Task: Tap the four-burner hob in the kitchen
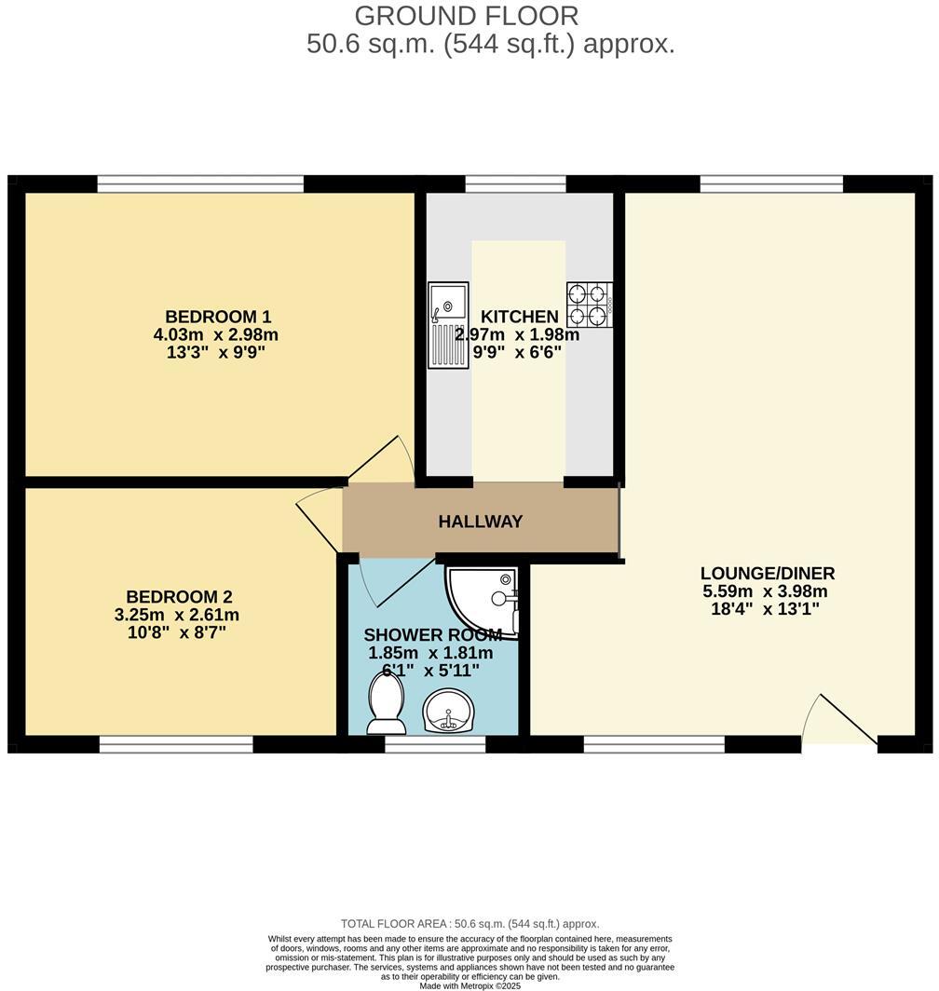589,305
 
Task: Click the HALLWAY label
481,522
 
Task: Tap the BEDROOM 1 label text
218,316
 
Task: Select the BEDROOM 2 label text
179,597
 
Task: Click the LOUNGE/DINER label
768,573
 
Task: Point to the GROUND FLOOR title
467,16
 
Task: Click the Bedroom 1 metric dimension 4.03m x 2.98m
216,334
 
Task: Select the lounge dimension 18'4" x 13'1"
768,610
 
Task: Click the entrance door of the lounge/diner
838,722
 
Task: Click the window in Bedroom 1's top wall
200,183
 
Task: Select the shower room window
435,744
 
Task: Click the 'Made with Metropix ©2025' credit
469,985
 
